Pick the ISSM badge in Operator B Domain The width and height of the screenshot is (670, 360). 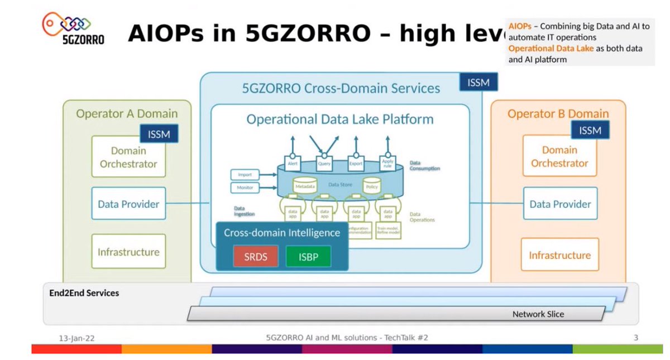click(590, 130)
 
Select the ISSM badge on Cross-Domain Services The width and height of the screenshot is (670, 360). click(478, 83)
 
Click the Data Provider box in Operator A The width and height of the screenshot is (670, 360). click(128, 204)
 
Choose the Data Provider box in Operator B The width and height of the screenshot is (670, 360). click(560, 204)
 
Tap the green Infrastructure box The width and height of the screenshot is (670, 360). click(128, 252)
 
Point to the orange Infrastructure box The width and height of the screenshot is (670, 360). click(559, 255)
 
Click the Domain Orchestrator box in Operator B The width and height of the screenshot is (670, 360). click(559, 156)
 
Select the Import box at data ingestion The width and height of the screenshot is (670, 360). click(245, 175)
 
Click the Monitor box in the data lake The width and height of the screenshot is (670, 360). click(245, 188)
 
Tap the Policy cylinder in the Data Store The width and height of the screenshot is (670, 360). click(372, 186)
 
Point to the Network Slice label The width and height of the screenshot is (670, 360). click(538, 314)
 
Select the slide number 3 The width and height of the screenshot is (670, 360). click(636, 338)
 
